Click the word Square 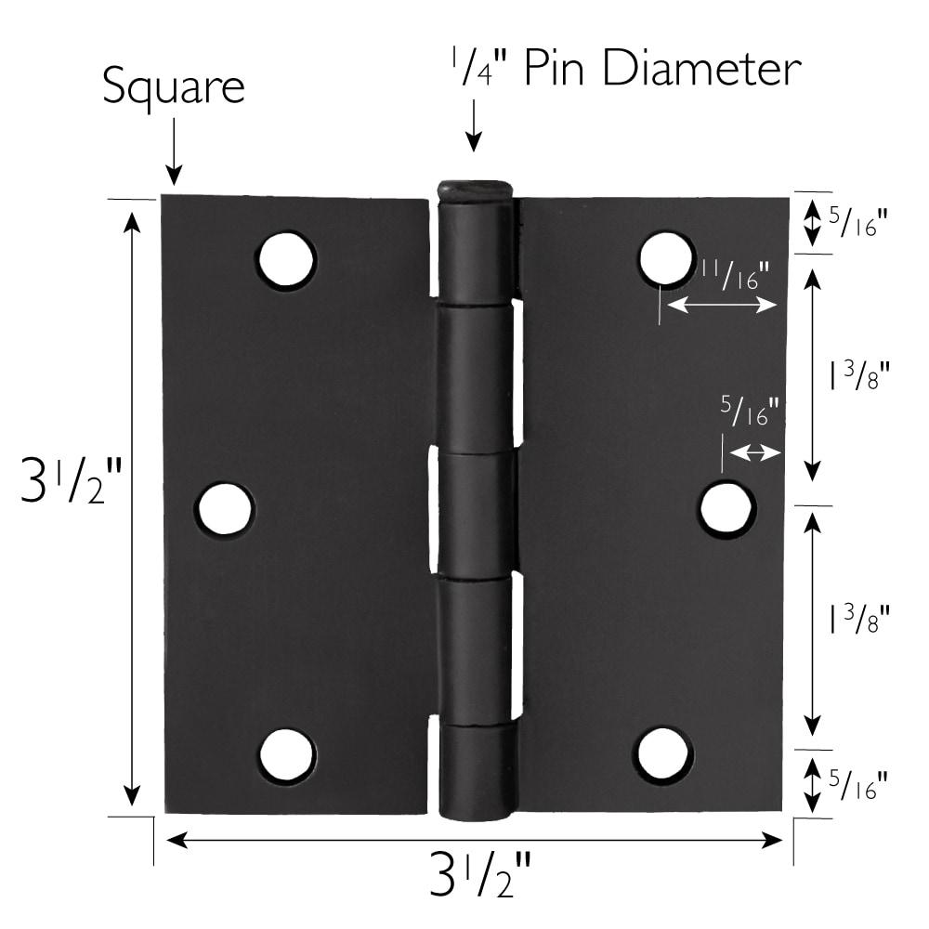(x=173, y=87)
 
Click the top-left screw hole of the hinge (x=286, y=260)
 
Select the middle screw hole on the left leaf (x=225, y=509)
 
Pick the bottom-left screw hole (x=286, y=754)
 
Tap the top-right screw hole (x=667, y=257)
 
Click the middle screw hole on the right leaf (x=726, y=509)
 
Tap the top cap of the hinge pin (x=475, y=191)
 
